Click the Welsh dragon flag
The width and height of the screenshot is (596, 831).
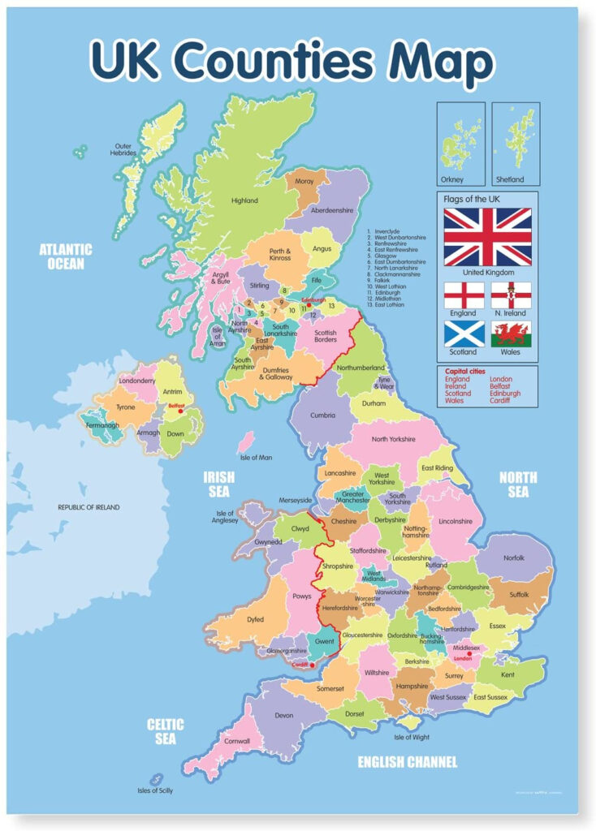(512, 334)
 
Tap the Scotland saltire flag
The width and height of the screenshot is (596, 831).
(464, 334)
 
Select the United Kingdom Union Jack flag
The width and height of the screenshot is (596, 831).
(487, 237)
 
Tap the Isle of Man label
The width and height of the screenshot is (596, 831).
(257, 458)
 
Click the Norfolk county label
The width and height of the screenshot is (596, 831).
(514, 558)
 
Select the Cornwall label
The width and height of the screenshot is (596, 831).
(238, 741)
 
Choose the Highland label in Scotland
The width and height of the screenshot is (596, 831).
(244, 200)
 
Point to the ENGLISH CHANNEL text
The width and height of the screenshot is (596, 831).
(408, 762)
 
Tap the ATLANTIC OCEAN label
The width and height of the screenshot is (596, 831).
(66, 256)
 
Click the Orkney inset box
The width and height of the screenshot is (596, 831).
(461, 144)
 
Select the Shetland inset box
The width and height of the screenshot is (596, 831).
(515, 144)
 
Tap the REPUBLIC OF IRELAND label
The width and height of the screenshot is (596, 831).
(89, 507)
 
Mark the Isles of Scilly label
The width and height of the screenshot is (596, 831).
(154, 790)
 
